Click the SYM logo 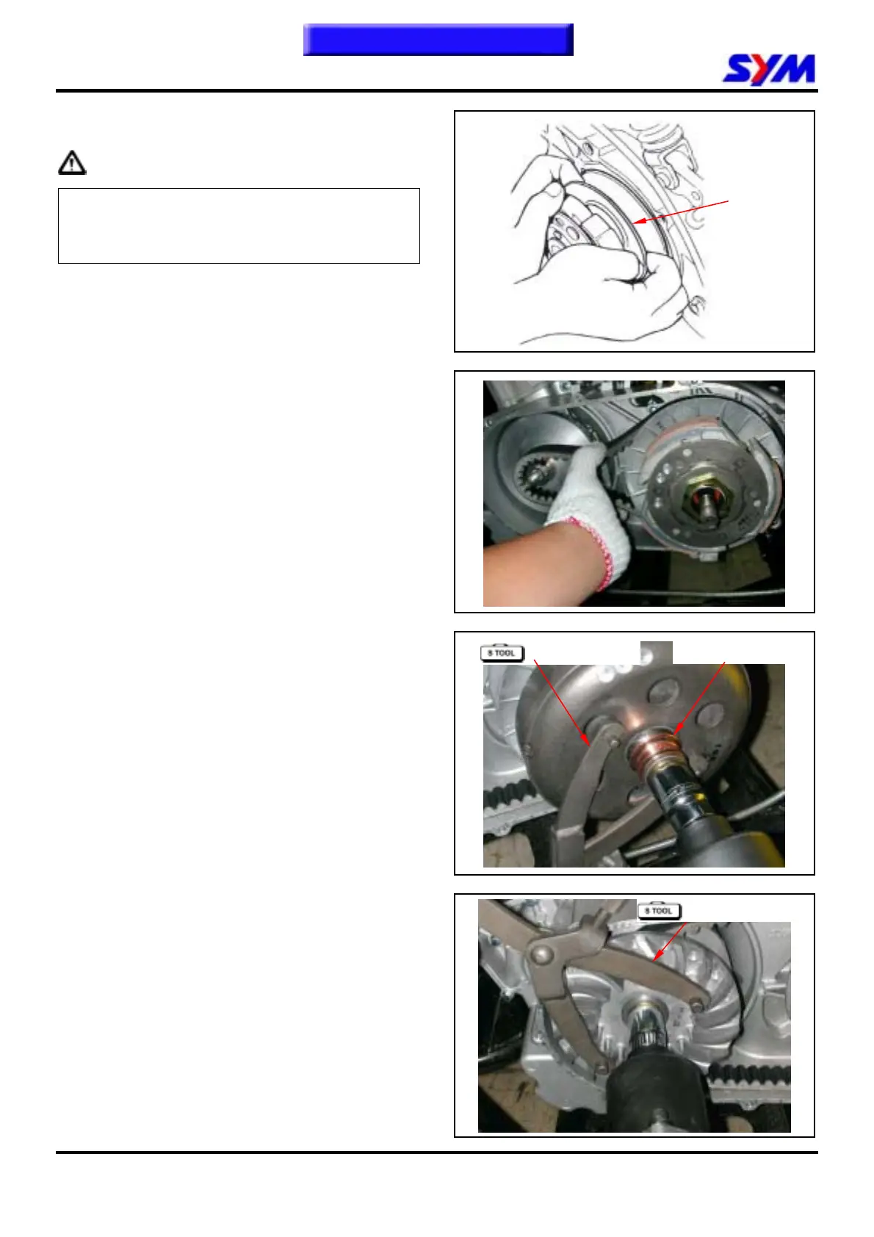[768, 69]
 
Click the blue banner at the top [438, 39]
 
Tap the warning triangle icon [72, 162]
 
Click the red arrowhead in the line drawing [639, 221]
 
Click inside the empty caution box [239, 226]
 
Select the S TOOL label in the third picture [502, 653]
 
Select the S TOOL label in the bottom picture [660, 911]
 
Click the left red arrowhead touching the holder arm [586, 740]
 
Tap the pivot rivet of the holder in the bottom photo [541, 953]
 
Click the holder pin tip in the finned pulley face [698, 1003]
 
